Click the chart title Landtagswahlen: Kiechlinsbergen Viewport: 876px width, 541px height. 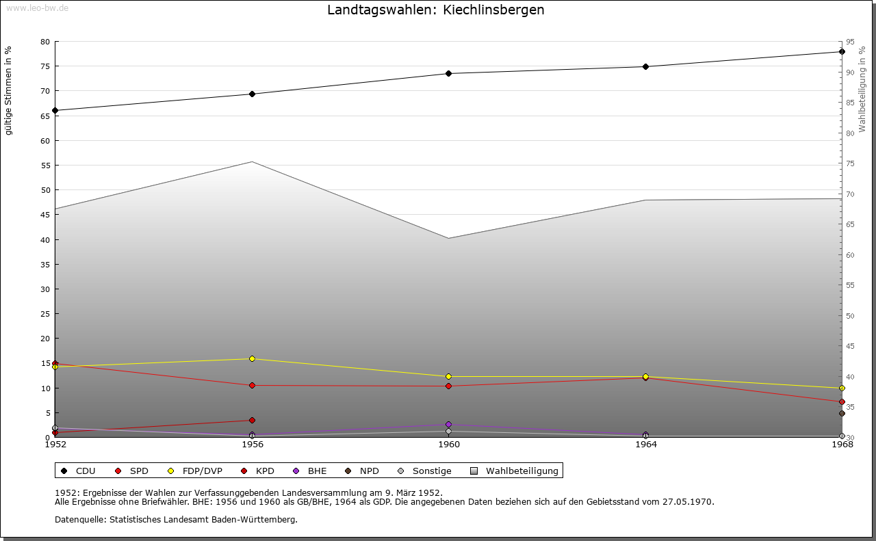coord(435,10)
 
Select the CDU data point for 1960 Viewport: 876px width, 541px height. coord(449,73)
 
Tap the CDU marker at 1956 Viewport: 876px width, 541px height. coord(252,94)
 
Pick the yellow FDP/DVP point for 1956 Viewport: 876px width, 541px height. coord(252,358)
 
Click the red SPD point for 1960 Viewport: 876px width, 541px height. coord(449,386)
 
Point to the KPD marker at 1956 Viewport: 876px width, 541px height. coord(252,420)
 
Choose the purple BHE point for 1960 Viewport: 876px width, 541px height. coord(449,424)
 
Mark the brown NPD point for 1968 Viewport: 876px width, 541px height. coord(842,413)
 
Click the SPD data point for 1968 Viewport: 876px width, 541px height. coord(842,401)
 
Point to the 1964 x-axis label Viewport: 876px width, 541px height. coord(646,445)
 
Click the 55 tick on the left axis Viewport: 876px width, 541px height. coord(45,166)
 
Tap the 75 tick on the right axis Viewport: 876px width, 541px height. coord(850,163)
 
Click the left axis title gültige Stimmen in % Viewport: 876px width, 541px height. coord(9,90)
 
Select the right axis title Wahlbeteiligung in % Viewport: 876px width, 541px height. coord(862,89)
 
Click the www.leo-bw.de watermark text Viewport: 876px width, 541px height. coord(37,8)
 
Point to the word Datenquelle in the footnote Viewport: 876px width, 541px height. coord(78,519)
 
